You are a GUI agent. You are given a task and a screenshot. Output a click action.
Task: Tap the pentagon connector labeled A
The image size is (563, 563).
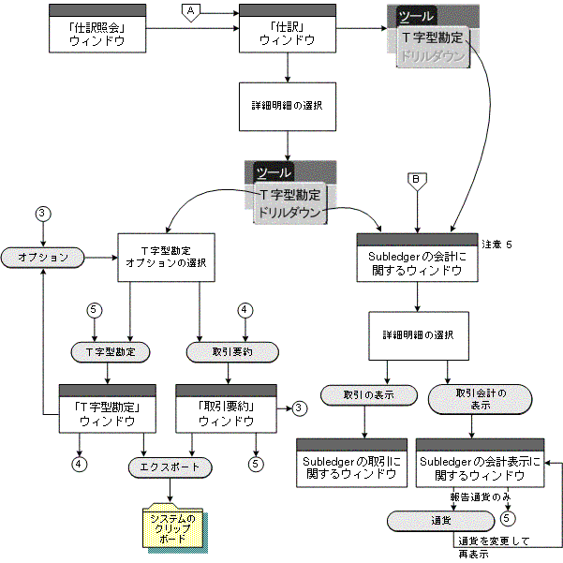[190, 10]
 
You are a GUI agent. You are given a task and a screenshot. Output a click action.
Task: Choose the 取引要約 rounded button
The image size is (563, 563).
[224, 352]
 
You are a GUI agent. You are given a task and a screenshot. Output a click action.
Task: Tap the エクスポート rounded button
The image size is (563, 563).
[170, 466]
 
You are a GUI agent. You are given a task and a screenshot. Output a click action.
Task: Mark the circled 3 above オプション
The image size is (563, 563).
[42, 213]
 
